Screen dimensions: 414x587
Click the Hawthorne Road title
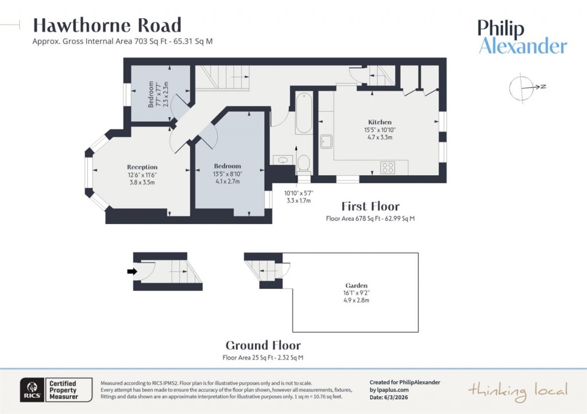pos(107,25)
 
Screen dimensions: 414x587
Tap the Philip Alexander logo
pos(522,37)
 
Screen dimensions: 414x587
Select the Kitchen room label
pos(380,122)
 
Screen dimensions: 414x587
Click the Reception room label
pos(142,167)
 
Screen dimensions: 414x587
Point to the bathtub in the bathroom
pos(304,112)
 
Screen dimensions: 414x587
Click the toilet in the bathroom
pos(304,163)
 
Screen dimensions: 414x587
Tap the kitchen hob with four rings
pos(388,168)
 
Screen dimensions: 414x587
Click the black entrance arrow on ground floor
pos(132,271)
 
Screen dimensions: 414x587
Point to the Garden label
pos(356,285)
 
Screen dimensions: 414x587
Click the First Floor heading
pos(370,206)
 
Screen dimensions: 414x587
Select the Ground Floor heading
pos(263,345)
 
